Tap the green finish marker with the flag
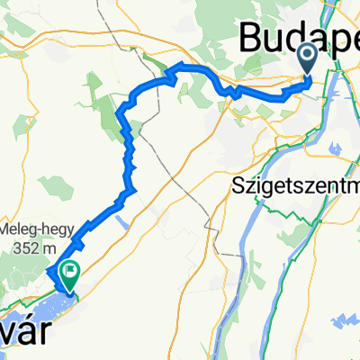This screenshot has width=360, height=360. (x=69, y=271)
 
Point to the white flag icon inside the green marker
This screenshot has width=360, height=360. (x=69, y=269)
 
